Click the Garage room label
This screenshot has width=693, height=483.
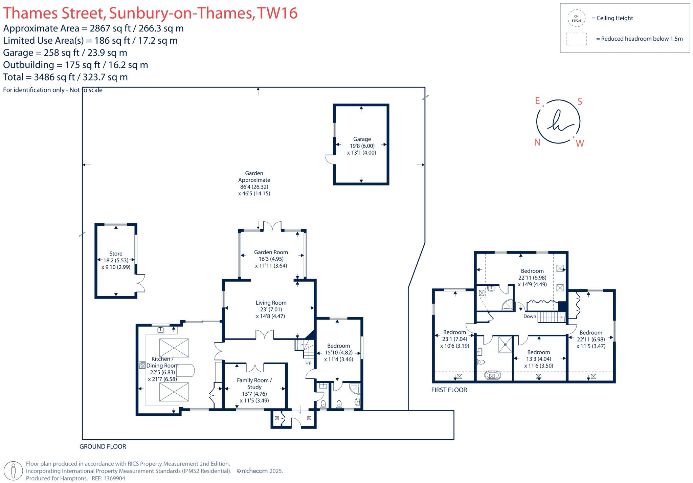[362, 139]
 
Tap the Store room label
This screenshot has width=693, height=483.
[116, 254]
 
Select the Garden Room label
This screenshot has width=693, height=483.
[271, 252]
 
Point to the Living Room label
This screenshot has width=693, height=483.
[271, 303]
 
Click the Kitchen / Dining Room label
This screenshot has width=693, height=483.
[162, 362]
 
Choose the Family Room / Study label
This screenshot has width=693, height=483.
[254, 383]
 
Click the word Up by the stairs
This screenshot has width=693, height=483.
[308, 363]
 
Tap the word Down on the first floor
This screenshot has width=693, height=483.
[530, 316]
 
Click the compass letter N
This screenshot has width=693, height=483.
[537, 142]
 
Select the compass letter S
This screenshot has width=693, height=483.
[580, 102]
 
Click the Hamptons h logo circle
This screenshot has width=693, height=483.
[558, 122]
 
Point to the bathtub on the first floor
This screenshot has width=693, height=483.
[492, 375]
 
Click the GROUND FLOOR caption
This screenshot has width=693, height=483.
[103, 446]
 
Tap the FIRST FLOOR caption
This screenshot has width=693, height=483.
[449, 390]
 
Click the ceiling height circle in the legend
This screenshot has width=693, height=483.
[576, 18]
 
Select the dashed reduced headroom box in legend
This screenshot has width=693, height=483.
[576, 39]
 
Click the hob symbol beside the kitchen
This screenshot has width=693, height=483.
[142, 365]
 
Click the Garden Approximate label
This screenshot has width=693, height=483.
[254, 177]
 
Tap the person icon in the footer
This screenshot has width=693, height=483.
[14, 471]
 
